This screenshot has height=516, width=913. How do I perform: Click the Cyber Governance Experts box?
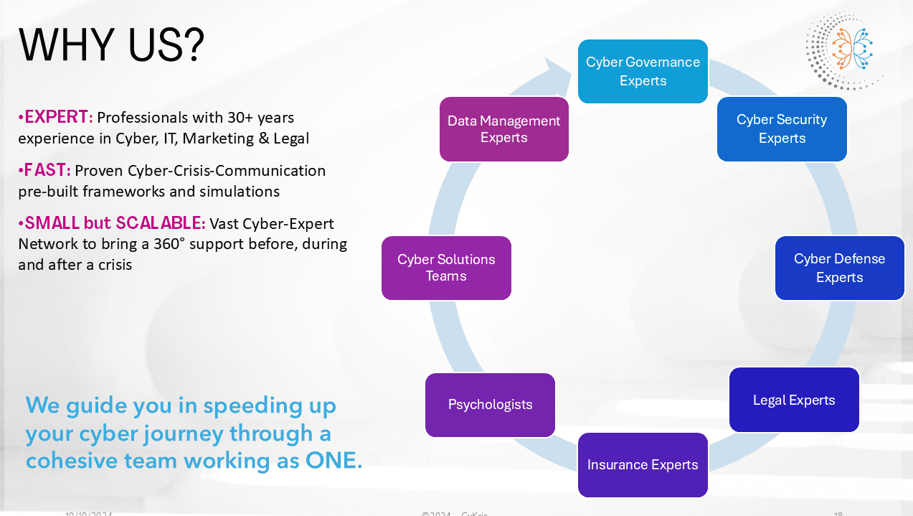[643, 71]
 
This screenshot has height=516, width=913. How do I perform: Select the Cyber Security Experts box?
[782, 129]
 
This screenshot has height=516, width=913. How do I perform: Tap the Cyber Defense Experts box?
[839, 268]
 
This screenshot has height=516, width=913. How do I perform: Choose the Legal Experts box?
[794, 400]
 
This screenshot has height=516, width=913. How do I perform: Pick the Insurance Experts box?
[643, 465]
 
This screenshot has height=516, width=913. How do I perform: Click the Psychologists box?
[490, 405]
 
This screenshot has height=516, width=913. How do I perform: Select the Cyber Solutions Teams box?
[446, 268]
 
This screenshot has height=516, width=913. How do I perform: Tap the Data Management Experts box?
[503, 129]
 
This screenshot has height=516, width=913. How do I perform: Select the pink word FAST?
[47, 171]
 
